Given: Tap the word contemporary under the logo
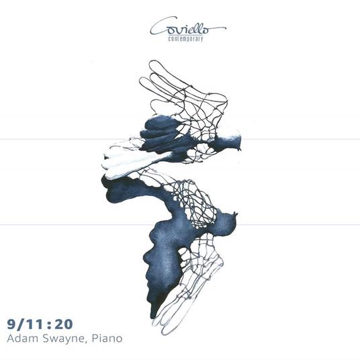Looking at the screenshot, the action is [x=185, y=39].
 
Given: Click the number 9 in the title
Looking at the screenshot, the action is [x=11, y=324].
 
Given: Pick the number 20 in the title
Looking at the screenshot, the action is [x=64, y=324].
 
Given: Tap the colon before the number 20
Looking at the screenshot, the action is [x=49, y=325].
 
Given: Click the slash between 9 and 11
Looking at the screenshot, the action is [x=21, y=324].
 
